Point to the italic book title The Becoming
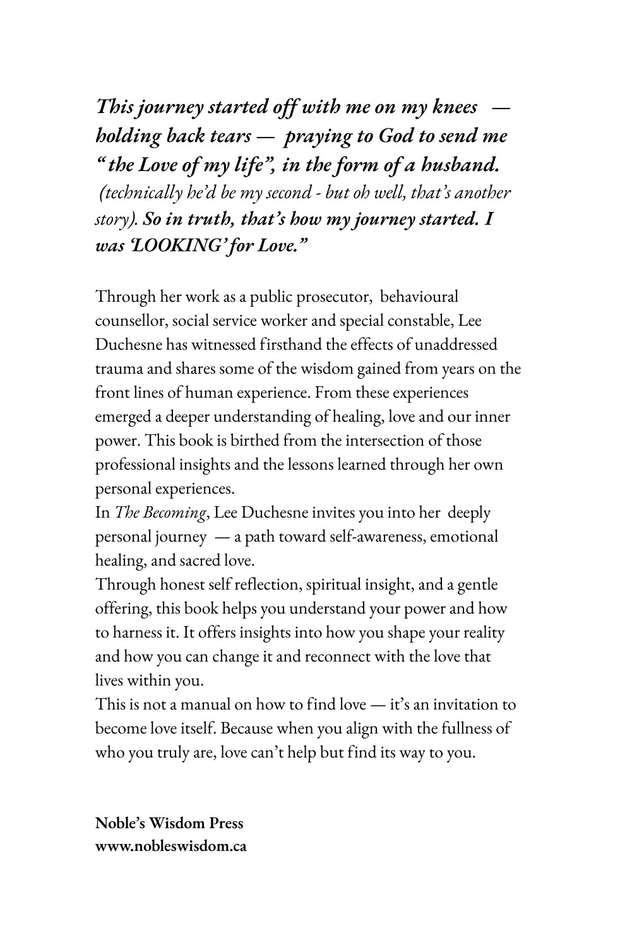point(160,513)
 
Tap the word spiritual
point(333,585)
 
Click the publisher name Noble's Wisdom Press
point(169,823)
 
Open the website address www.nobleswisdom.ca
point(170,846)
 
